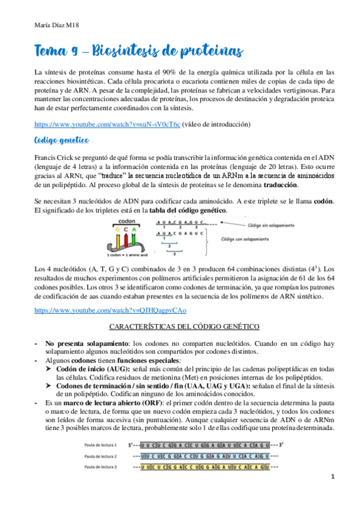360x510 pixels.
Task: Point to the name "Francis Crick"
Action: click(55, 158)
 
